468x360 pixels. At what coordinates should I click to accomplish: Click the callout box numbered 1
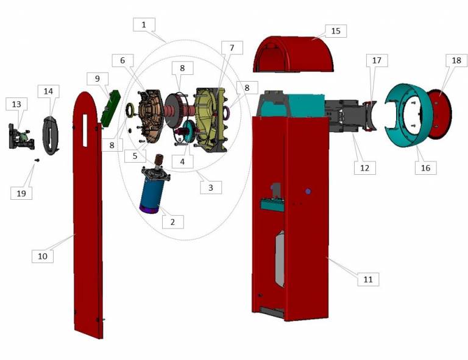coord(144,24)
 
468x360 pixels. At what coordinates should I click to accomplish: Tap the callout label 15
coord(336,31)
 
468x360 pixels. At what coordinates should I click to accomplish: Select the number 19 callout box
coord(21,193)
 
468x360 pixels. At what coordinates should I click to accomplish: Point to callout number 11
coord(368,279)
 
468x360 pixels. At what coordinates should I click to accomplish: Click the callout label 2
coord(173,222)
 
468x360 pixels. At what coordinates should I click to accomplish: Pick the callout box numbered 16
coord(425,168)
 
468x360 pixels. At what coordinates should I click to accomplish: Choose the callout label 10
coord(43,256)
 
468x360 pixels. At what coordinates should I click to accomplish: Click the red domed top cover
coord(293,54)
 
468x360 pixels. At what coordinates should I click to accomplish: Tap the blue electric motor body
coord(152,190)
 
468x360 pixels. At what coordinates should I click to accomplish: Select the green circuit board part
coord(111,107)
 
